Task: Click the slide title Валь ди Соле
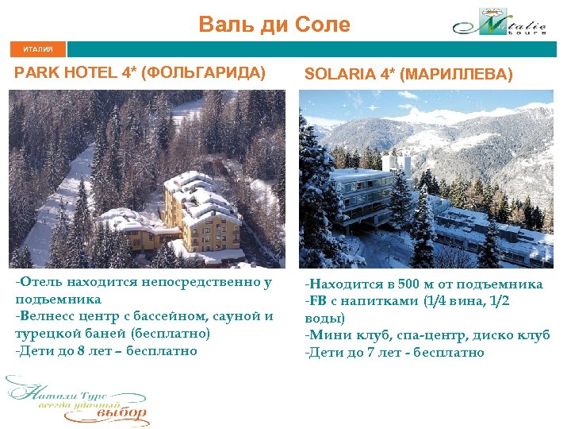[274, 25]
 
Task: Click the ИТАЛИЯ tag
[38, 49]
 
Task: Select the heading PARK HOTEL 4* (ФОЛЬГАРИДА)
[140, 74]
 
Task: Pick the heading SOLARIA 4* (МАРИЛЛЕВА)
[408, 75]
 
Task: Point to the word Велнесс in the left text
[44, 316]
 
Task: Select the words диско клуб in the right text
[514, 335]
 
